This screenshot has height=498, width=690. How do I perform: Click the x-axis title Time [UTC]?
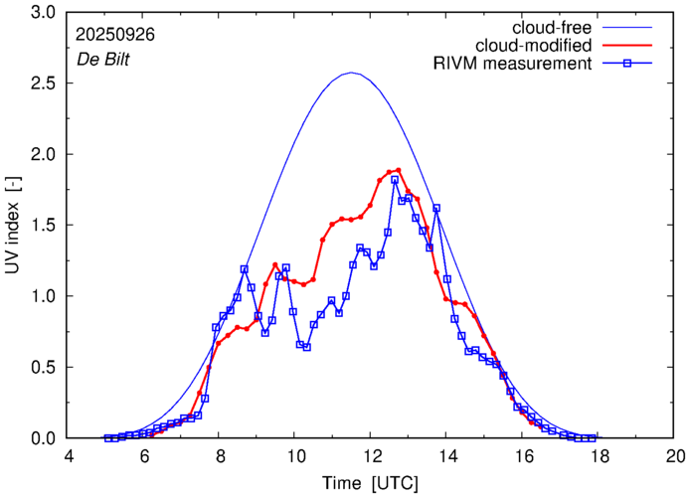371,482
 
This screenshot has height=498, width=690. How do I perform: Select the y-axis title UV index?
14,226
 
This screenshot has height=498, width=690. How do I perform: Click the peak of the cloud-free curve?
350,73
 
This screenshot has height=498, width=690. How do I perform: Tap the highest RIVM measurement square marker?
395,180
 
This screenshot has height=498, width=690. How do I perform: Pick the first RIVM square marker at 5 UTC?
107,437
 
